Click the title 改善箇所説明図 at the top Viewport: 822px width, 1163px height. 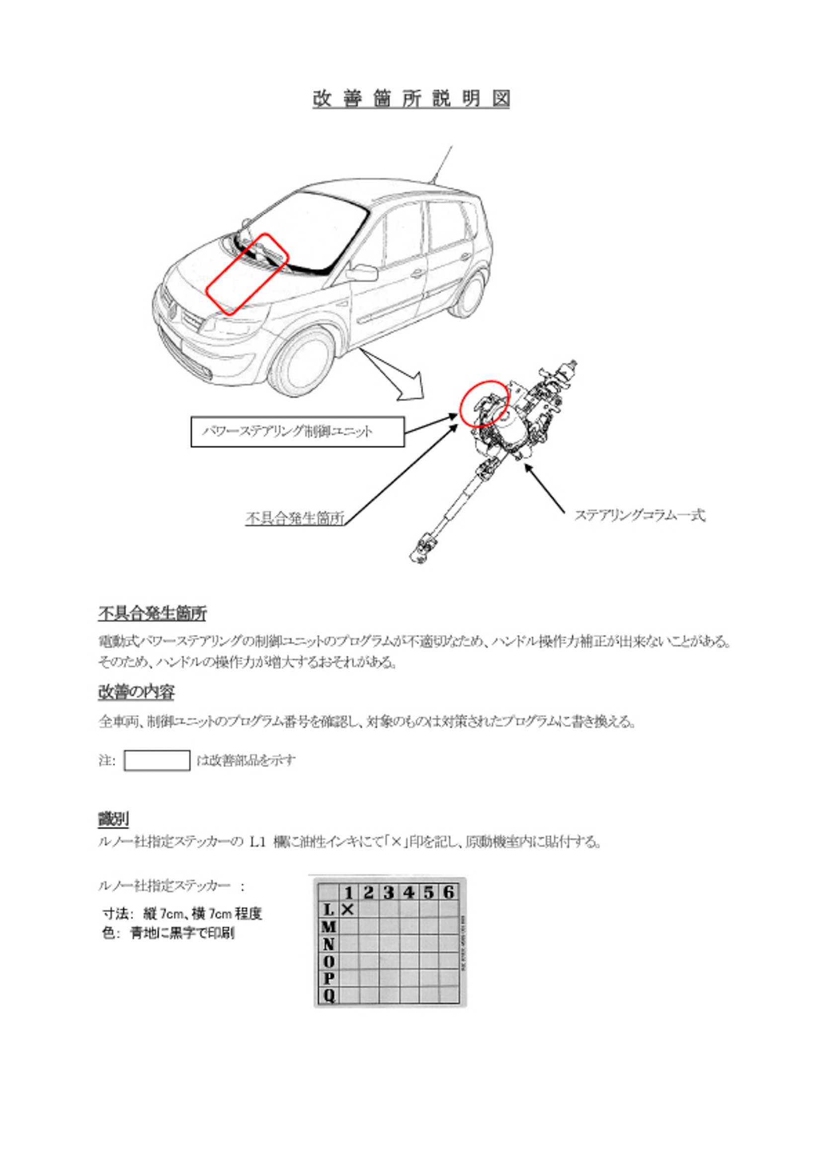(411, 98)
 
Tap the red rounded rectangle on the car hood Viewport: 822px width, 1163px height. (247, 274)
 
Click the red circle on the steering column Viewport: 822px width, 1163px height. (484, 404)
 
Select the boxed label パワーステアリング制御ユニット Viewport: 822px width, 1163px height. (298, 432)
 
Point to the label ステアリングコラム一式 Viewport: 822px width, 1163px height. (640, 515)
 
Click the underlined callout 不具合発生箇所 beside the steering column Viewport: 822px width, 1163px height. (295, 518)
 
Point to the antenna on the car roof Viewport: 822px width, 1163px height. (441, 164)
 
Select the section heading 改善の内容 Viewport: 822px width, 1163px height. (136, 692)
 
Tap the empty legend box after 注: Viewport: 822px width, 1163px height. (157, 760)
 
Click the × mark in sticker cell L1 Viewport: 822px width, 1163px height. (348, 909)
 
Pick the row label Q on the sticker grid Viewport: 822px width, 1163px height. (329, 996)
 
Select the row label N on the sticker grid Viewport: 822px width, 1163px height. (329, 944)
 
